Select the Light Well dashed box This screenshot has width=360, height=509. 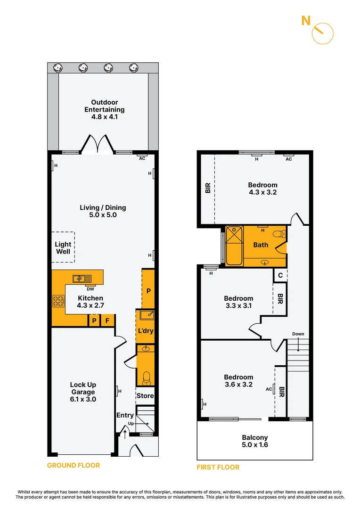[63, 247]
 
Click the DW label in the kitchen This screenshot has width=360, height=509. [90, 289]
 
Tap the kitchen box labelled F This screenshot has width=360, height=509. [107, 321]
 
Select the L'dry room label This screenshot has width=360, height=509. [145, 331]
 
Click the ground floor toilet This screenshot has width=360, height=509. [147, 377]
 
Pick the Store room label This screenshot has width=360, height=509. [145, 396]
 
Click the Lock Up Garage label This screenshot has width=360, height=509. [83, 392]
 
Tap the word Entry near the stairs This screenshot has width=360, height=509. [125, 415]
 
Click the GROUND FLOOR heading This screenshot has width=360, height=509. [74, 465]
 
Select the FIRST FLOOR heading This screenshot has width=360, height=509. [218, 467]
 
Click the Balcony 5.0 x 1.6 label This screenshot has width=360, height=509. [254, 441]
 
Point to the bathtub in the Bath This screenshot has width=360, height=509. [233, 246]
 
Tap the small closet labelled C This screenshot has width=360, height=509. [280, 276]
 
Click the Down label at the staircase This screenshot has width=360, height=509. [298, 334]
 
